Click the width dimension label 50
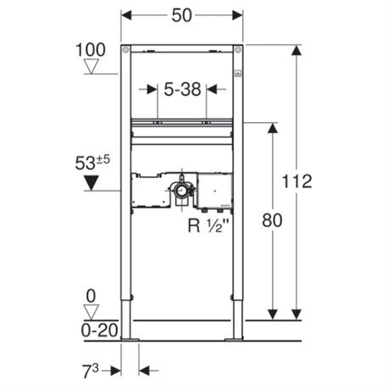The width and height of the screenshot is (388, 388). [x=181, y=15]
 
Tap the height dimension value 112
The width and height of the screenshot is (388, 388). [x=299, y=180]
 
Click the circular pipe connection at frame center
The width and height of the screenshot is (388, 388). [x=181, y=193]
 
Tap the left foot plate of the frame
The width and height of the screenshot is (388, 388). [x=130, y=341]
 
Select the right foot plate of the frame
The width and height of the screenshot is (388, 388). [x=233, y=341]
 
